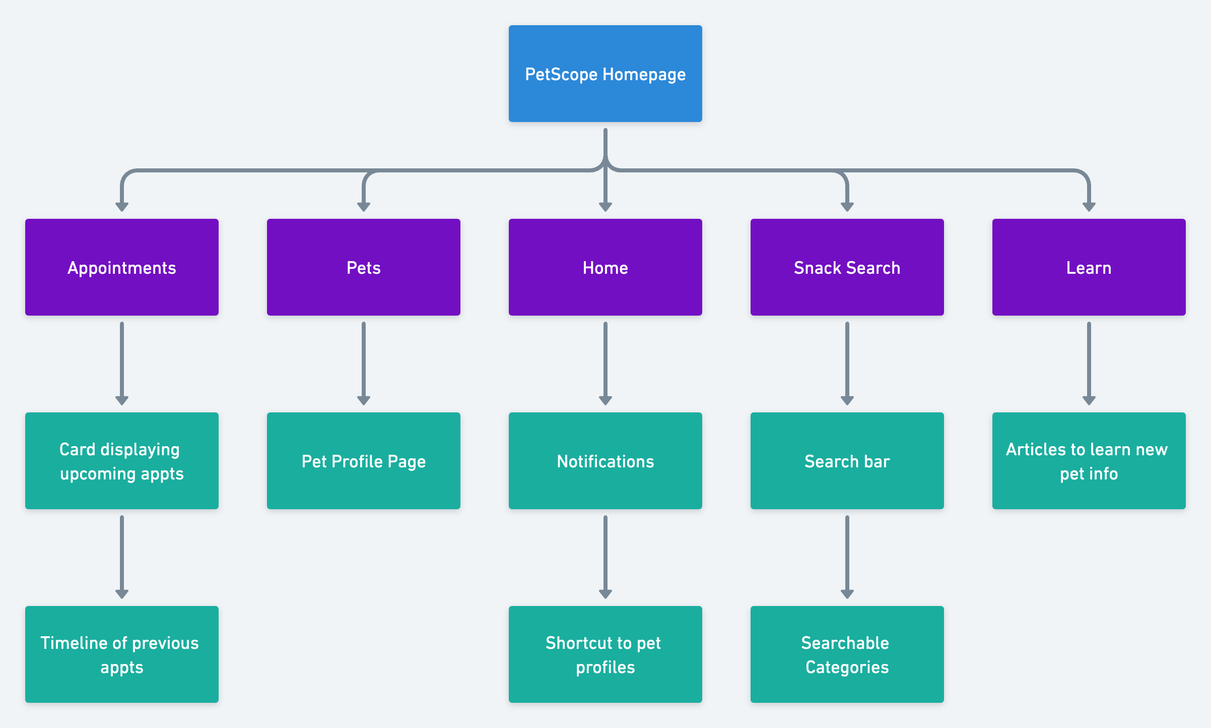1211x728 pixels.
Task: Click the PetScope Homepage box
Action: point(605,74)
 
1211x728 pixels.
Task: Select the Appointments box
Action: point(121,267)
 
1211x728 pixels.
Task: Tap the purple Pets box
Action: point(363,267)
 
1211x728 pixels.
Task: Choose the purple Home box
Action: point(605,267)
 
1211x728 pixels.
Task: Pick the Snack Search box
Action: point(847,267)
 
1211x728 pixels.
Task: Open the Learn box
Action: point(1089,267)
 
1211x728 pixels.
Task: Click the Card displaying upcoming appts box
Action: point(121,461)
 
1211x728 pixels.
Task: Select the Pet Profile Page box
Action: point(363,461)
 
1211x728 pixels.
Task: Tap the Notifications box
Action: point(605,461)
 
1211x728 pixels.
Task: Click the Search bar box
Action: point(847,461)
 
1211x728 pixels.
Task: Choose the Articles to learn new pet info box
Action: point(1089,461)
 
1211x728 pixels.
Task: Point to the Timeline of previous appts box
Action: point(121,654)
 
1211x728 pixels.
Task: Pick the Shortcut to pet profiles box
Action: point(605,654)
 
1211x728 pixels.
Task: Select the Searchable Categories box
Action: point(847,654)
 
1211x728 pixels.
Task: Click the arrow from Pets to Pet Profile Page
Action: point(363,363)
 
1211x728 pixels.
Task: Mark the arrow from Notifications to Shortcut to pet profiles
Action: point(605,557)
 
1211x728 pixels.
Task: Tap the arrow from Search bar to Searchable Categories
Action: point(847,557)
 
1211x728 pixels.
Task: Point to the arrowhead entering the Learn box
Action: point(1089,207)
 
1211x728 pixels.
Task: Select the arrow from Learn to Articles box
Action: point(1089,363)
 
